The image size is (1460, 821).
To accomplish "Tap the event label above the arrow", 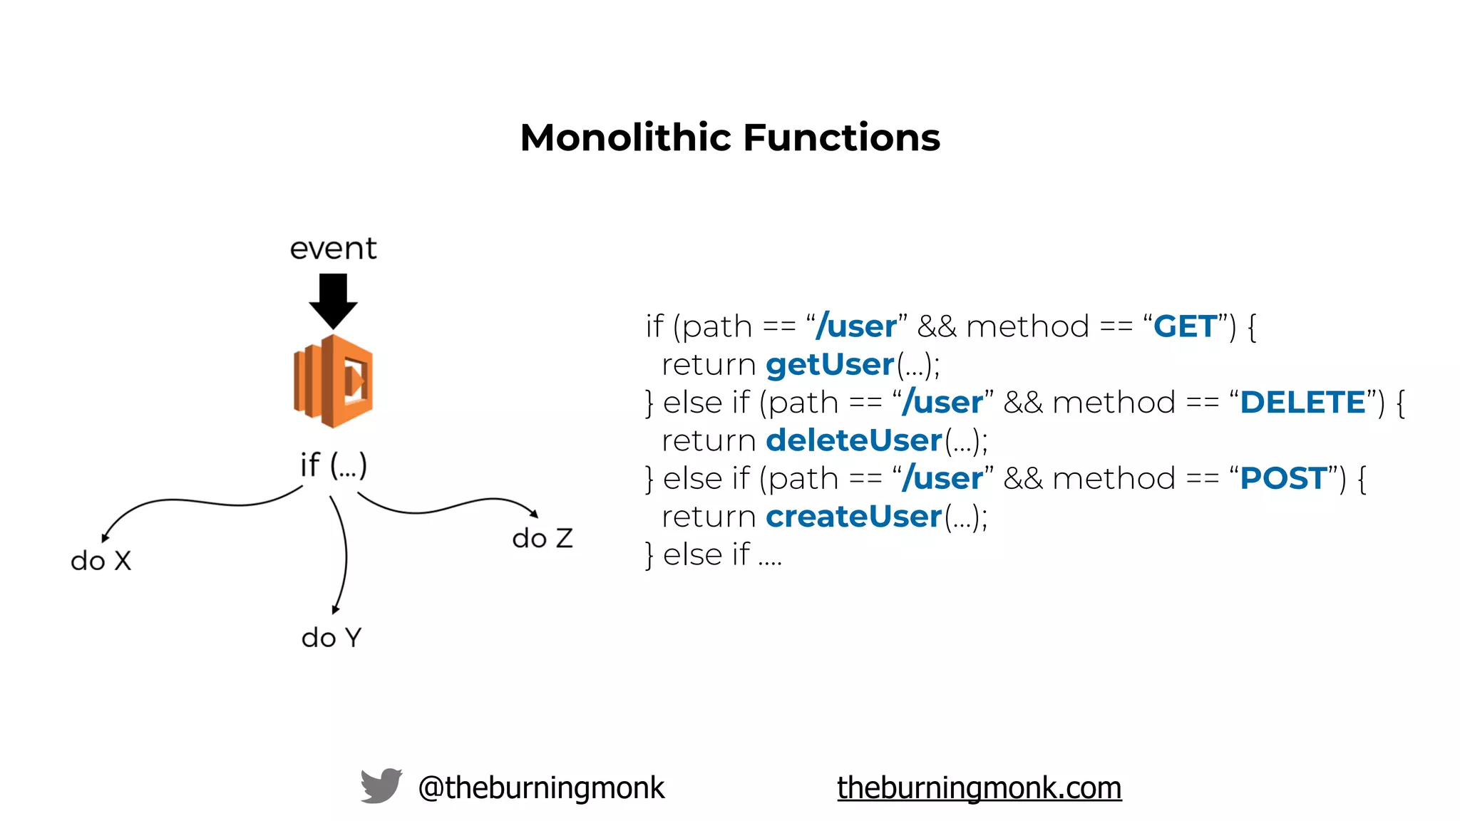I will click(x=333, y=249).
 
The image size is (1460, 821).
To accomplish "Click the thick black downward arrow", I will click(x=333, y=299).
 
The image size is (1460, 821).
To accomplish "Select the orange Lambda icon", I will click(x=333, y=381).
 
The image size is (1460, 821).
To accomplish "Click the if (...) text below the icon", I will click(x=333, y=465).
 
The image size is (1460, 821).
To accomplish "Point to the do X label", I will click(x=101, y=561).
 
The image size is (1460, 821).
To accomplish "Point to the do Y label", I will click(x=331, y=637).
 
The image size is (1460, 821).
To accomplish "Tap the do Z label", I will click(x=542, y=538).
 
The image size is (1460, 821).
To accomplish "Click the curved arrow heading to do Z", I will click(x=449, y=507).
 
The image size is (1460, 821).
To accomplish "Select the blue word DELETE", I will click(x=1302, y=403).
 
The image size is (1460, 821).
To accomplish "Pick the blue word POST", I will click(x=1283, y=478).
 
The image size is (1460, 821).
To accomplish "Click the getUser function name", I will click(x=830, y=365).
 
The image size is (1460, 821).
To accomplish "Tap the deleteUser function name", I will click(x=854, y=440).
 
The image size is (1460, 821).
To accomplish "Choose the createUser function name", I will click(x=854, y=517).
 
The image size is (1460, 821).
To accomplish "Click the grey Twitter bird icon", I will click(x=381, y=786).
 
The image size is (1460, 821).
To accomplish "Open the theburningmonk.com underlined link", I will click(x=979, y=788).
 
